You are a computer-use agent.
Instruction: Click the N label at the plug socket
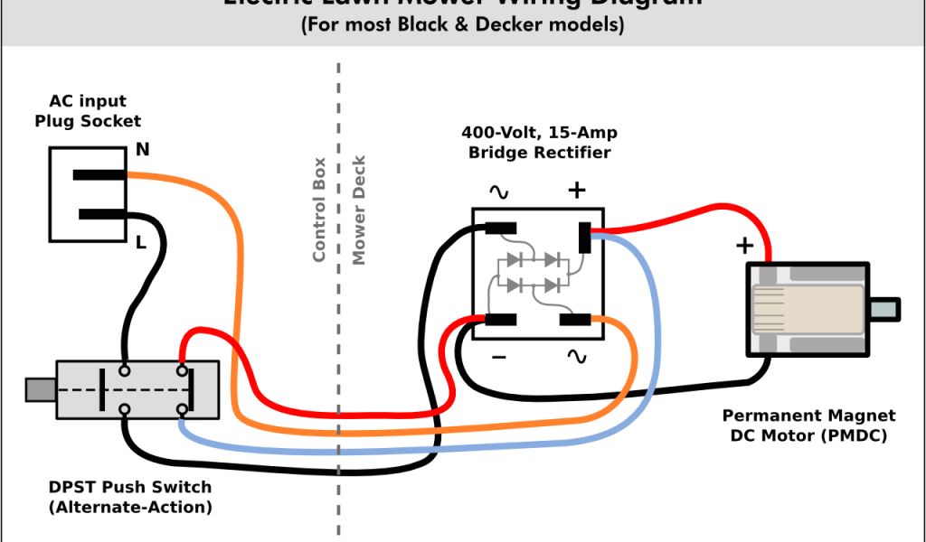tap(143, 150)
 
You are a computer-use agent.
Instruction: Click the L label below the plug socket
tap(141, 241)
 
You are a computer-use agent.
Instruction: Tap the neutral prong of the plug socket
tap(99, 175)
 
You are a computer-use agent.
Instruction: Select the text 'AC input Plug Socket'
tap(88, 111)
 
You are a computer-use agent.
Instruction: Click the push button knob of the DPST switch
tap(41, 389)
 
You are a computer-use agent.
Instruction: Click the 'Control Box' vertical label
tap(318, 210)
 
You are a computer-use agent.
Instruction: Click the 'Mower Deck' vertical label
tap(359, 210)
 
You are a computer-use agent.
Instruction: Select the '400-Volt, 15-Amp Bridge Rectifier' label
tap(539, 143)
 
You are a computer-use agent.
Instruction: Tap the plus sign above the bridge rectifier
tap(576, 190)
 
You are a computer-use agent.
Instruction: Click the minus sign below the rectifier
tap(498, 358)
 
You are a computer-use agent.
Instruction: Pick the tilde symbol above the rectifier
tap(498, 191)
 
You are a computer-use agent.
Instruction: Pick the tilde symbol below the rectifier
tap(576, 357)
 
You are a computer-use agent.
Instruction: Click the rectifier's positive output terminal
tap(584, 238)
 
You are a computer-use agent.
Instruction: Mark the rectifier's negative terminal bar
tap(500, 318)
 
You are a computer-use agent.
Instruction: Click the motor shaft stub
tap(884, 309)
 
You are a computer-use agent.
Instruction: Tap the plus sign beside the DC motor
tap(744, 245)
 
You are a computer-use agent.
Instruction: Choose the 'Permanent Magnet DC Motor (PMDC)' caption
tap(809, 425)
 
